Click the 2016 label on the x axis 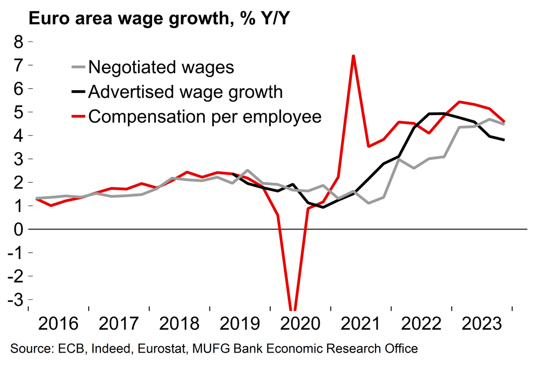coord(59,324)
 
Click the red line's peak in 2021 coord(353,55)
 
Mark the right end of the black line coord(504,140)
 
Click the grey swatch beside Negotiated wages coord(78,67)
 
